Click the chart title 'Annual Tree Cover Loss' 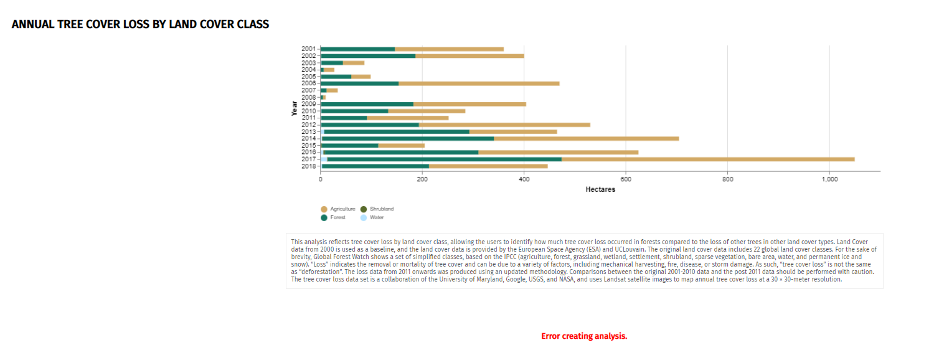[x=140, y=24]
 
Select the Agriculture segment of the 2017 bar [x=708, y=159]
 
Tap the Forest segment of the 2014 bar [x=408, y=138]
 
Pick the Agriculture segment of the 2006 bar [x=479, y=83]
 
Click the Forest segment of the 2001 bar [x=358, y=49]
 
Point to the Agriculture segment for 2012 [x=504, y=125]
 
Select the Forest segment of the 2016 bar [x=402, y=152]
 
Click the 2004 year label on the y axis [x=308, y=70]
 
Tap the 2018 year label [x=308, y=166]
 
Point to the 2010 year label [x=308, y=111]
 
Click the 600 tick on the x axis [x=626, y=179]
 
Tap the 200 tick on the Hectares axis [x=422, y=179]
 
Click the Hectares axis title [x=600, y=189]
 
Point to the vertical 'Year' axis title [x=294, y=108]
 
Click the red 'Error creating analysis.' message [x=584, y=336]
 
